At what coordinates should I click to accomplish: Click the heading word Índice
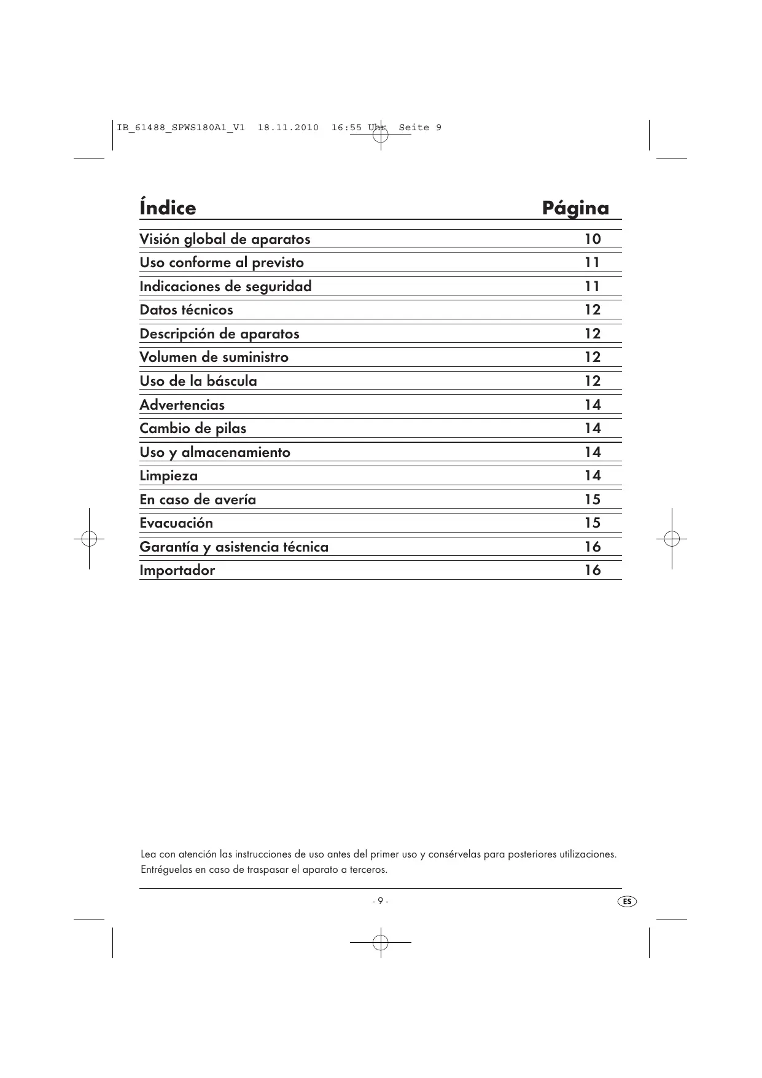click(168, 208)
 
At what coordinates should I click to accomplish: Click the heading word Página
click(575, 208)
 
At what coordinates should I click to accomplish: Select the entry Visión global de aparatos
click(225, 239)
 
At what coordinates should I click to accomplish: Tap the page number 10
click(592, 239)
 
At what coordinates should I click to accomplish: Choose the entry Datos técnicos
click(186, 310)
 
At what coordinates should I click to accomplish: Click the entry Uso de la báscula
click(198, 381)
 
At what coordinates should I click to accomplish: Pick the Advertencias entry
click(182, 405)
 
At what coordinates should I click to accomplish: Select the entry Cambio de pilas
click(193, 428)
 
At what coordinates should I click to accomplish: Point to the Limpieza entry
click(168, 476)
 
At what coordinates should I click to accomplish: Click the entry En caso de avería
click(198, 499)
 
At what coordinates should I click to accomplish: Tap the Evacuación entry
click(176, 523)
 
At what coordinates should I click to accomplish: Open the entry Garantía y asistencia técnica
click(234, 547)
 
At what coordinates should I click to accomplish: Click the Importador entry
click(177, 570)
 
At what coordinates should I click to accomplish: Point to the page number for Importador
click(592, 570)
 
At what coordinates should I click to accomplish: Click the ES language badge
click(626, 902)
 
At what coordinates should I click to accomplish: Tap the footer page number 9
click(380, 901)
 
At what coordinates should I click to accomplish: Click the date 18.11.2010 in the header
click(288, 128)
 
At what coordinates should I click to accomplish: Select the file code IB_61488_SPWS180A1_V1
click(181, 128)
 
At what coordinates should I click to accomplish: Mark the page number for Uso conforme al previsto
click(592, 262)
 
